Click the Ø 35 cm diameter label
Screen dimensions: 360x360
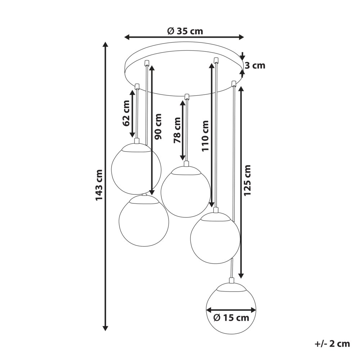click(x=185, y=31)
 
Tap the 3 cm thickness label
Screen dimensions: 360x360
click(x=255, y=66)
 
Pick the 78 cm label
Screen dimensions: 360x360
click(x=177, y=130)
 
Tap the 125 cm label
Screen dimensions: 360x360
click(x=247, y=180)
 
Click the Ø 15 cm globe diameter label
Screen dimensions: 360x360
click(x=231, y=318)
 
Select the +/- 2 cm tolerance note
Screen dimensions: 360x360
click(x=332, y=343)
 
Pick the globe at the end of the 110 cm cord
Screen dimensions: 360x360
click(x=215, y=238)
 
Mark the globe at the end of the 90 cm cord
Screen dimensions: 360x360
click(x=144, y=221)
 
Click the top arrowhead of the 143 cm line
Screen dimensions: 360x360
click(x=105, y=45)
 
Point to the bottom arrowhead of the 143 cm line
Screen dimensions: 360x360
click(x=105, y=328)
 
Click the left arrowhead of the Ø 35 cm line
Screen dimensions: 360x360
click(x=127, y=37)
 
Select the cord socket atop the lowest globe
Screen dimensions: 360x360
click(x=231, y=280)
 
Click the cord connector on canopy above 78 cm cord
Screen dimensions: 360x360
click(x=186, y=96)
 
